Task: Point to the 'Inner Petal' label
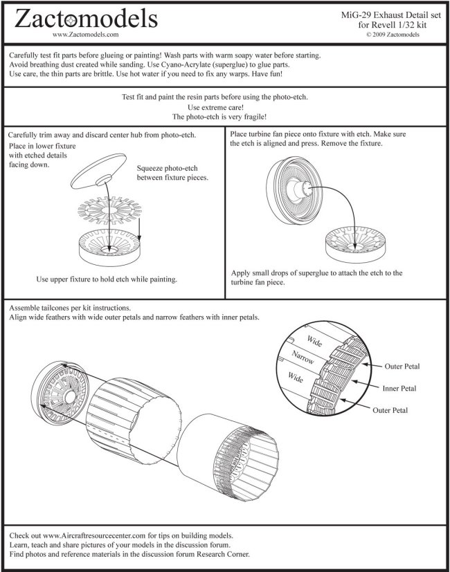(x=402, y=388)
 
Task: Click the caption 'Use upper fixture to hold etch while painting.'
(x=107, y=279)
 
